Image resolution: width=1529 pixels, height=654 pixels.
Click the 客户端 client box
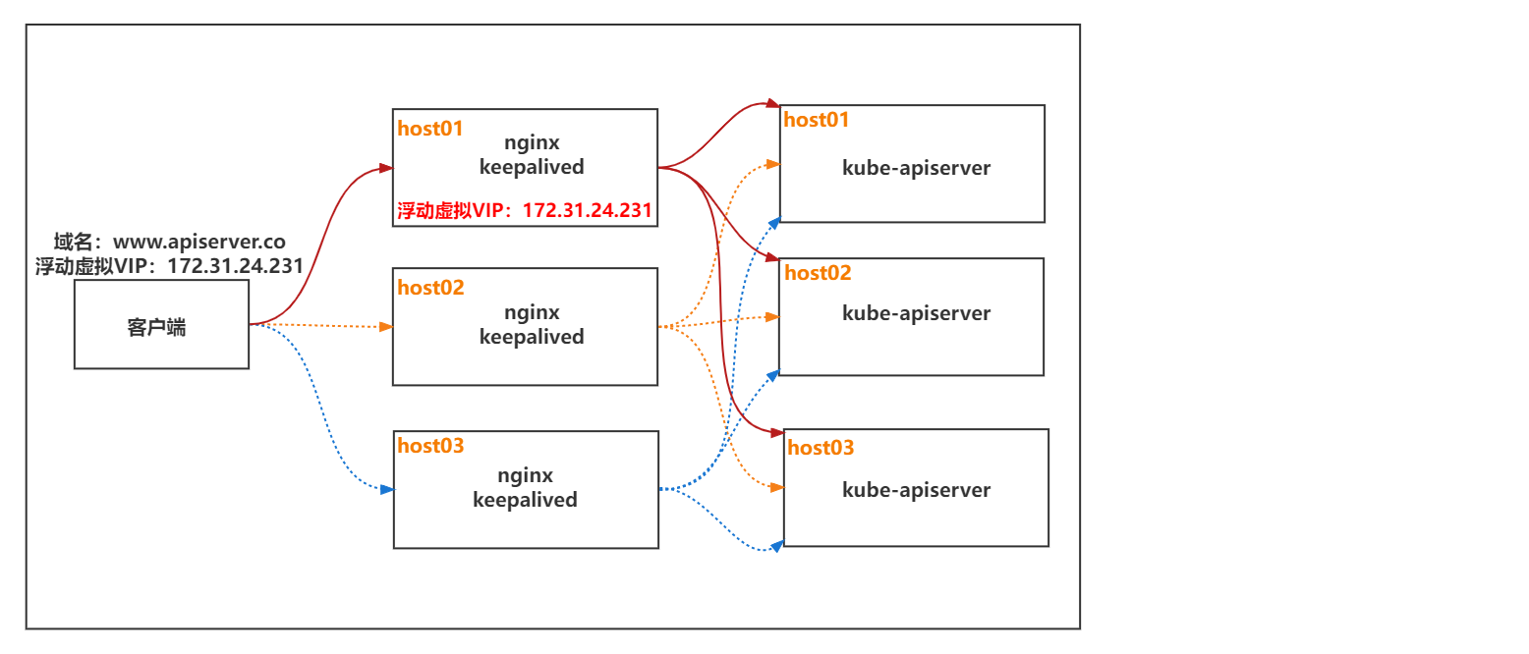click(x=161, y=325)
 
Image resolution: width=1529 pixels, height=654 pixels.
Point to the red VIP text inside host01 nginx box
click(x=525, y=210)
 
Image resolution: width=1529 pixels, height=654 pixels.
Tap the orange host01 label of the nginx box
click(x=429, y=129)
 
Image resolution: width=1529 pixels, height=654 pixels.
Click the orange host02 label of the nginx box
click(x=430, y=288)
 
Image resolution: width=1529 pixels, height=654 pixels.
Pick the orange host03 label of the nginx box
click(x=430, y=446)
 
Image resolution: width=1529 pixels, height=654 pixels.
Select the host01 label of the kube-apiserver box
click(x=816, y=120)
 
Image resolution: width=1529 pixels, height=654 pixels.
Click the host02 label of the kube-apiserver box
click(x=818, y=273)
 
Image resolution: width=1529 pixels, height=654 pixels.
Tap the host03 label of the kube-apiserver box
click(x=821, y=448)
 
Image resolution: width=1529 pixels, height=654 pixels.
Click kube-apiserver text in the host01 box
click(x=916, y=168)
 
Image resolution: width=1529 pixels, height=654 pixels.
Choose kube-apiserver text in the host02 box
click(x=916, y=313)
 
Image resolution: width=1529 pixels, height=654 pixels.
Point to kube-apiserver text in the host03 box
click(x=916, y=490)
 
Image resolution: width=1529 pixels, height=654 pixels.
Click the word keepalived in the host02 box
click(x=532, y=337)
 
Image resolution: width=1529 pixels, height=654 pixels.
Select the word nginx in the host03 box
click(x=525, y=475)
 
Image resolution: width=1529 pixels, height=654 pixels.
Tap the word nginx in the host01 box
click(x=532, y=143)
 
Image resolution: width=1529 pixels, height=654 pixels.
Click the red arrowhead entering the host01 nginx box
click(x=385, y=169)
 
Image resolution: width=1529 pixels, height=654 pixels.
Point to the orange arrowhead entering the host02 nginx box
click(x=385, y=326)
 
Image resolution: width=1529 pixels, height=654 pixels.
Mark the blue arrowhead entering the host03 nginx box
click(x=386, y=489)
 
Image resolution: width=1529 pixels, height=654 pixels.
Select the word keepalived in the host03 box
click(x=525, y=500)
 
